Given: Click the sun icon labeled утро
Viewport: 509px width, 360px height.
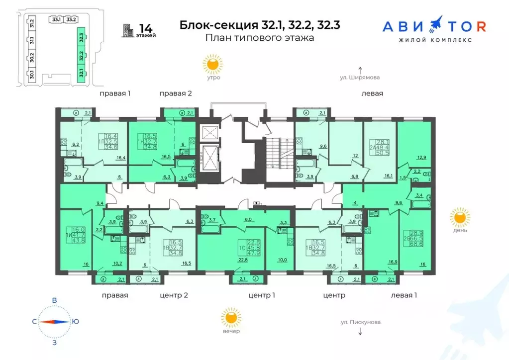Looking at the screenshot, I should coord(213,64).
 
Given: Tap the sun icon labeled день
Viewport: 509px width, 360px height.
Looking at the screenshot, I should coord(460,217).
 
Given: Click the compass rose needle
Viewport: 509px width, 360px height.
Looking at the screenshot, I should coord(54,321).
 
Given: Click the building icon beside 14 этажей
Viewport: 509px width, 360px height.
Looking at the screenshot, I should coord(129,30).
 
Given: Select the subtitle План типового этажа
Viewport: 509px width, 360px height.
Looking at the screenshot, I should coord(259,38).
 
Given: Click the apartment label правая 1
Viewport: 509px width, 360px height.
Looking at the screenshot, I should coord(114,93).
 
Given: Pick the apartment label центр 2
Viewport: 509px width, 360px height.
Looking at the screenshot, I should coord(173,295).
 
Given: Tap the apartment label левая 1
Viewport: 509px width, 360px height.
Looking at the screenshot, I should coord(404,295).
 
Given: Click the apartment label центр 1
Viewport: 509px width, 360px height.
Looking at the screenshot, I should coord(261,295).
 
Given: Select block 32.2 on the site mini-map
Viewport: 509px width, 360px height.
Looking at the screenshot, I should coord(81,55).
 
